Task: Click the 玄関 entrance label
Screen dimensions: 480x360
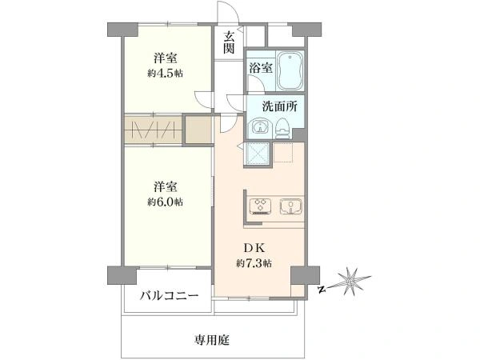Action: [229, 42]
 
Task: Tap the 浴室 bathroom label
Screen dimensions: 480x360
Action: [261, 68]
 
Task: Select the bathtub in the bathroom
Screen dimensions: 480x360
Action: [290, 70]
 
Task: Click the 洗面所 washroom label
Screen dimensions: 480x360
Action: [280, 106]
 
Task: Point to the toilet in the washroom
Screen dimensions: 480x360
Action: [283, 129]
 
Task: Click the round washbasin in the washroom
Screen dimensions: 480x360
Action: [261, 127]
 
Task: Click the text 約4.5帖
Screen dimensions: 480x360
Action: [166, 74]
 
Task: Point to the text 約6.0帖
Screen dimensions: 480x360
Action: [166, 202]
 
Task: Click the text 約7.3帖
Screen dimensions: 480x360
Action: [254, 263]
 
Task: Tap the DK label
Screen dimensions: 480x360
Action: [254, 248]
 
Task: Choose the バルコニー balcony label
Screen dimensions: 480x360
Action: [170, 296]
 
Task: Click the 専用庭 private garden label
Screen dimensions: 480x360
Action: [212, 340]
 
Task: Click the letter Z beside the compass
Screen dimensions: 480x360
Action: [321, 290]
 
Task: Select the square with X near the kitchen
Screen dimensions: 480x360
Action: [256, 154]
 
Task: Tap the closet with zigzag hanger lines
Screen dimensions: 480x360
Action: [154, 130]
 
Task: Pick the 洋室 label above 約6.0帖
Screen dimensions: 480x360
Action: [166, 186]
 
